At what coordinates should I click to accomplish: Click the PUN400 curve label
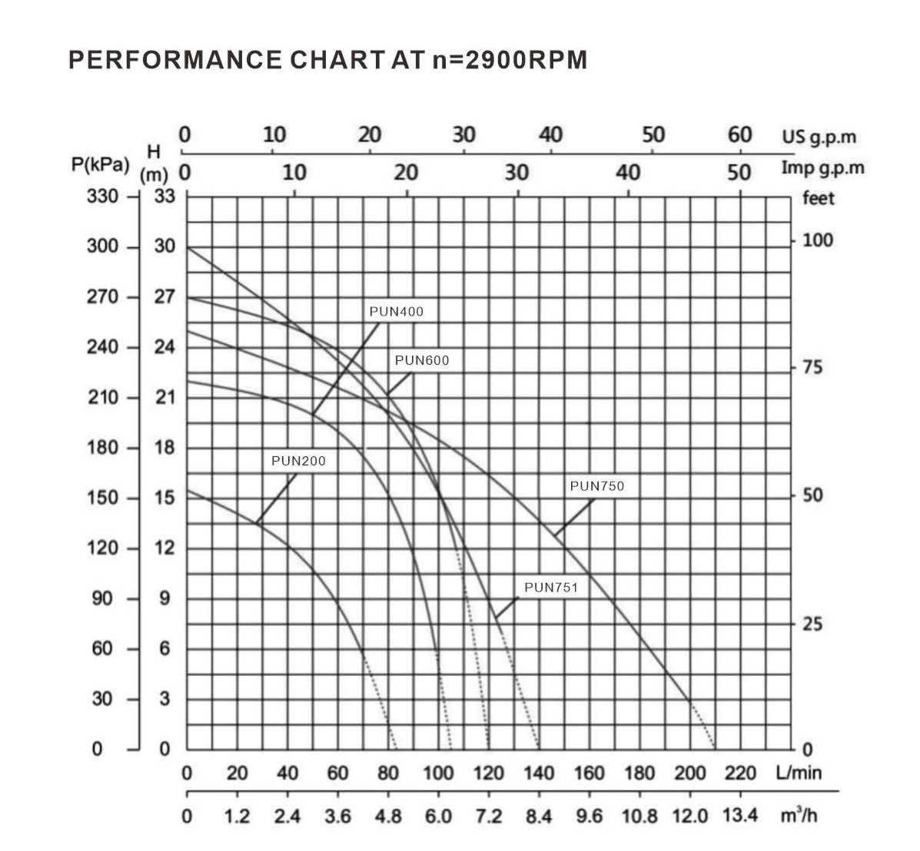[x=396, y=312]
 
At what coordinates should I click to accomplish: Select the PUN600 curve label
[x=421, y=360]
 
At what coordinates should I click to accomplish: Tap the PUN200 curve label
[x=298, y=462]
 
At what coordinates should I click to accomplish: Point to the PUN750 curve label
[x=597, y=486]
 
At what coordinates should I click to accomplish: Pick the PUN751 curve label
[x=550, y=588]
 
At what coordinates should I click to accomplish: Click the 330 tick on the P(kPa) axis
[x=102, y=197]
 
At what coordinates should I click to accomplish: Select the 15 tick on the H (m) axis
[x=165, y=498]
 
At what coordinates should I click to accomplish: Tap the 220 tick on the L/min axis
[x=740, y=773]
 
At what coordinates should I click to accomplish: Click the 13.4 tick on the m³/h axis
[x=740, y=814]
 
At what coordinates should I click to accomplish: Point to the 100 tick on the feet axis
[x=818, y=240]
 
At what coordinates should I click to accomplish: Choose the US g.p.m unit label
[x=819, y=137]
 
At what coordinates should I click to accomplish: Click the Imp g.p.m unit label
[x=822, y=167]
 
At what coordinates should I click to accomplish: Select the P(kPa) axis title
[x=98, y=165]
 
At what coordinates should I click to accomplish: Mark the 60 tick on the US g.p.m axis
[x=739, y=134]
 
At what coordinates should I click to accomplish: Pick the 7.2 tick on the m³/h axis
[x=488, y=815]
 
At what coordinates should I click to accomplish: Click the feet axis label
[x=818, y=198]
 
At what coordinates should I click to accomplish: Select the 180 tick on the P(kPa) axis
[x=102, y=448]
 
